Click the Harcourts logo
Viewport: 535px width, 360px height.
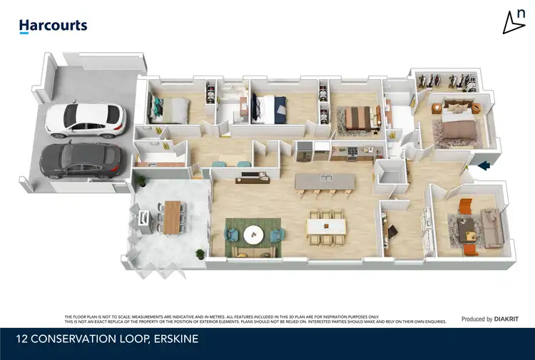click(53, 26)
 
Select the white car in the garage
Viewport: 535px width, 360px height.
click(85, 119)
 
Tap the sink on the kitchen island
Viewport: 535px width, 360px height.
click(326, 177)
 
